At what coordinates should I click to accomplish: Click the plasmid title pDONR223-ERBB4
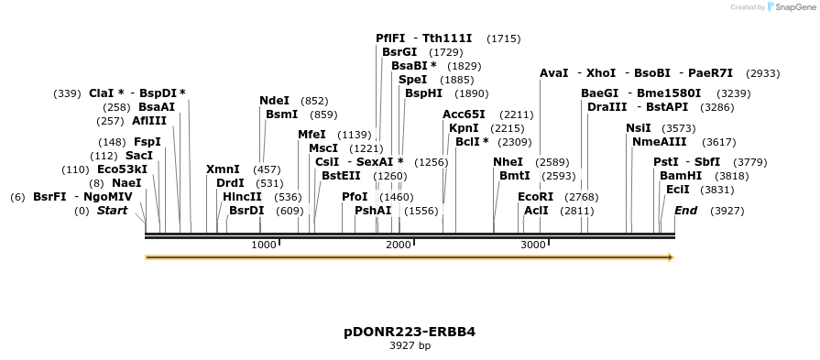tap(410, 332)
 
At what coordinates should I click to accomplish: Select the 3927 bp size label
tap(410, 346)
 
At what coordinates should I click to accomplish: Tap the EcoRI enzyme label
tap(536, 197)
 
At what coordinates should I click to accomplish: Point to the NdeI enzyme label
tap(274, 101)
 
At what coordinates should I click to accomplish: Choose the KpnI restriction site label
tap(464, 128)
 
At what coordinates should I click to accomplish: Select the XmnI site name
tap(223, 169)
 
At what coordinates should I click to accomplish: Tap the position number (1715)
tap(504, 38)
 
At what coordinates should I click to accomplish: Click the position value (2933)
tap(763, 73)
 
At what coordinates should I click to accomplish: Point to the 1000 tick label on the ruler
tap(263, 245)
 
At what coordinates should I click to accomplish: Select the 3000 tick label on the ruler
tap(532, 245)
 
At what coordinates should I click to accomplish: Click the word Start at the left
tap(112, 211)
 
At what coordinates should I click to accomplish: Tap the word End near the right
tap(685, 211)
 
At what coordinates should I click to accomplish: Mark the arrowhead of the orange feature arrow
tap(670, 257)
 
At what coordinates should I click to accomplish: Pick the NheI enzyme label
tap(508, 162)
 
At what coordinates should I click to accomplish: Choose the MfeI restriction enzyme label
tap(312, 135)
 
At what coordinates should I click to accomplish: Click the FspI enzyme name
tap(148, 142)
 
